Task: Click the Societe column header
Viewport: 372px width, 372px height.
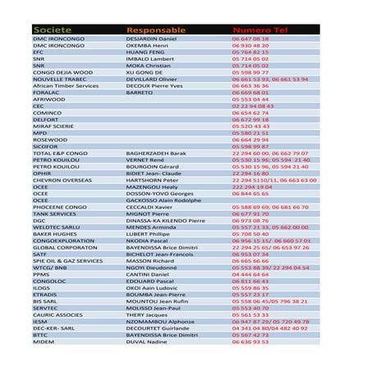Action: click(53, 30)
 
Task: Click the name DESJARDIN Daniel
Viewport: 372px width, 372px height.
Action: click(152, 39)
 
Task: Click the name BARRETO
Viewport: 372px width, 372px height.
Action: click(140, 92)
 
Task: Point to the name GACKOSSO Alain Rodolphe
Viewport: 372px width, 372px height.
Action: click(163, 200)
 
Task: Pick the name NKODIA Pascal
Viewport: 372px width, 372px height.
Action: click(148, 241)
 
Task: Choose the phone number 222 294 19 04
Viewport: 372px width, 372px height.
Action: click(252, 186)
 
